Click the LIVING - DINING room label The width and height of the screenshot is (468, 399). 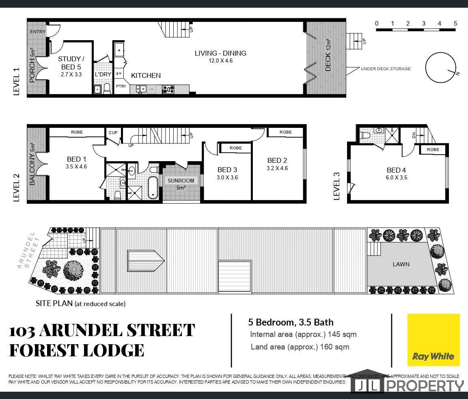pos(220,54)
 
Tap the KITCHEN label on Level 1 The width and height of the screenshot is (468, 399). pos(146,75)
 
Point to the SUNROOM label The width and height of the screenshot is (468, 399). pos(181,181)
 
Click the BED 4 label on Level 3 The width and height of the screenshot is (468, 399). pos(397,170)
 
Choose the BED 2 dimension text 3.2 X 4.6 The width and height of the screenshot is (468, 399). pos(277,168)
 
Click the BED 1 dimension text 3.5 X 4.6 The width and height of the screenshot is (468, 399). pos(76,167)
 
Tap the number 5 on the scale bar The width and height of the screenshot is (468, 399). pos(455,23)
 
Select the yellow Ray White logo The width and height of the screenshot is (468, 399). pos(433,340)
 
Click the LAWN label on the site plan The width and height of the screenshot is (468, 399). pos(401,264)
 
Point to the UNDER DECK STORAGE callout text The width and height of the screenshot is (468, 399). pos(386,69)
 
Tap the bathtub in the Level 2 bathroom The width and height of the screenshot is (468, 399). pos(153,188)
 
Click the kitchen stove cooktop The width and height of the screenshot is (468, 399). pos(168,89)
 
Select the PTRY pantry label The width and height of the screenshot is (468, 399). pos(121,86)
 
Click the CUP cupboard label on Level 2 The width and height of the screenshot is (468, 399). pos(113,132)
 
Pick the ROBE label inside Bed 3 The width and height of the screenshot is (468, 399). pos(236,148)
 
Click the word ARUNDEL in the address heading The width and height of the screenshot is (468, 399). pos(81,330)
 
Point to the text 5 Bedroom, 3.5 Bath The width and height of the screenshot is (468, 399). pos(291,322)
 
